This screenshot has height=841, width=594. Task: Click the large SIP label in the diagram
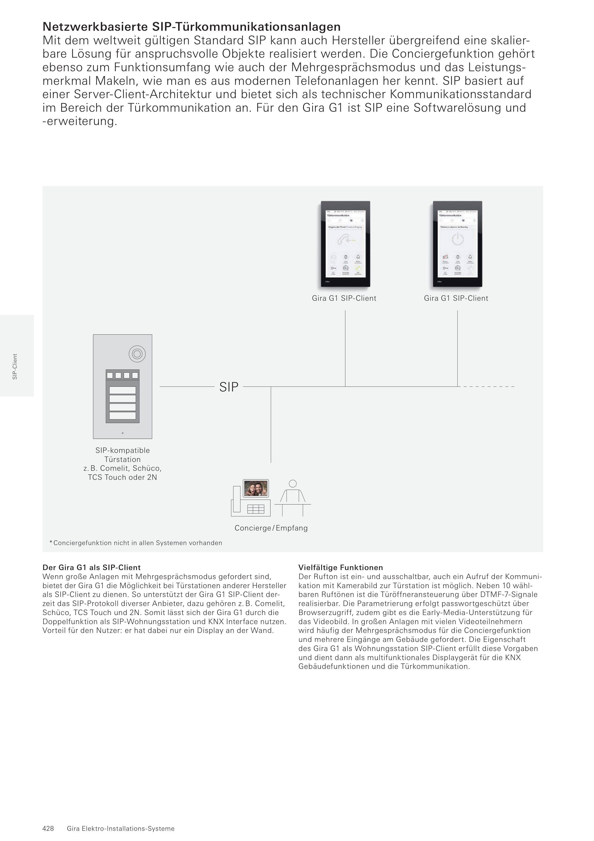[229, 387]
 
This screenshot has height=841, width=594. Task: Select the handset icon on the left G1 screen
[343, 240]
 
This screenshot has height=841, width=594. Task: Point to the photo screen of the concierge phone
[256, 489]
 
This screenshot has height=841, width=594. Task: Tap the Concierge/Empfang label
[271, 528]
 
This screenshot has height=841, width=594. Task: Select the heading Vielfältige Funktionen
[340, 567]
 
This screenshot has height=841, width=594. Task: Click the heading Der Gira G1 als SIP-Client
[92, 567]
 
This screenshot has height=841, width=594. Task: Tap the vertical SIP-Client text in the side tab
[15, 366]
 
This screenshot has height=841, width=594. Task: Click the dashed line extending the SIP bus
[489, 386]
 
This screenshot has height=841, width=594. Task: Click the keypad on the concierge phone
[256, 509]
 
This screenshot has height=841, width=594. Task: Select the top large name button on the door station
[123, 390]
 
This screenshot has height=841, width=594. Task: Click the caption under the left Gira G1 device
[344, 298]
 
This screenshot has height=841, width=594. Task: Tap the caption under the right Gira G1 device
[456, 298]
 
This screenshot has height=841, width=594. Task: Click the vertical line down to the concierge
[271, 425]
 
